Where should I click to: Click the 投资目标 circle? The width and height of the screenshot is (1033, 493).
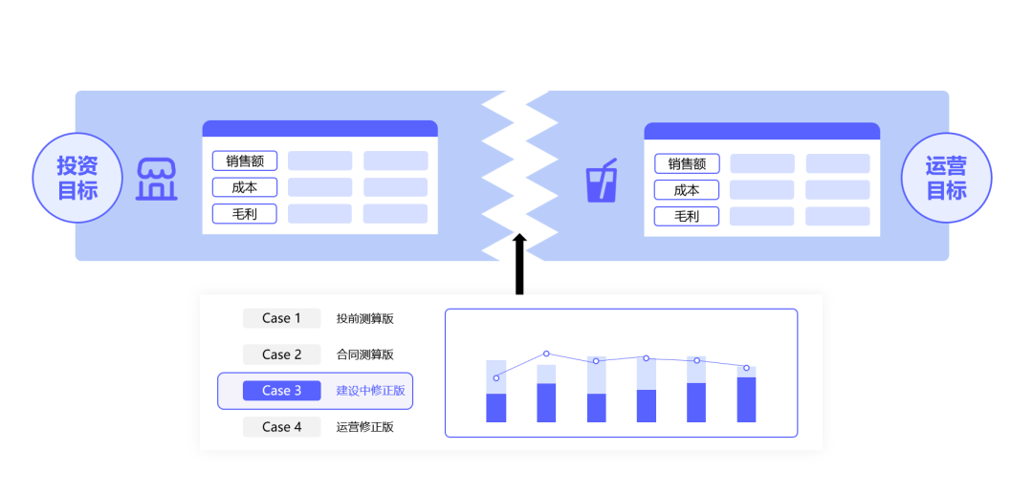click(x=78, y=178)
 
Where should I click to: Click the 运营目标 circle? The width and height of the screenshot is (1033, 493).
click(x=947, y=178)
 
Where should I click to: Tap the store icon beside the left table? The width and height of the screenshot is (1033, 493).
click(x=157, y=180)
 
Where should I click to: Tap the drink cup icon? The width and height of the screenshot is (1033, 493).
click(x=601, y=181)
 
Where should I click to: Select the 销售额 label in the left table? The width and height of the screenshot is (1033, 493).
click(x=245, y=161)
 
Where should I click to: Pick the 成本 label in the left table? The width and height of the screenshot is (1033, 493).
click(x=245, y=187)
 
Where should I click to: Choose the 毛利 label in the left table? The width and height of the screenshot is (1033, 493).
click(x=245, y=214)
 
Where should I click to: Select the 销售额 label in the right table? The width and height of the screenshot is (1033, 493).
click(x=687, y=164)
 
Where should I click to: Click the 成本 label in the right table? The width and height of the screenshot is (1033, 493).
click(x=687, y=190)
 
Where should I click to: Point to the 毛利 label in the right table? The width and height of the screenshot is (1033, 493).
click(x=687, y=217)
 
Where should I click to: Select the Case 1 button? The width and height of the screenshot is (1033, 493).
click(x=281, y=318)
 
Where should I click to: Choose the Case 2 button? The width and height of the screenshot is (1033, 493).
click(x=281, y=354)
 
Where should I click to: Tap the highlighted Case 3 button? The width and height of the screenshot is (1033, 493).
click(x=281, y=391)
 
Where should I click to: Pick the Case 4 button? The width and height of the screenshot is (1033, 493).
click(x=281, y=427)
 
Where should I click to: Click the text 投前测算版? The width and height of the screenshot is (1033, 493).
click(x=364, y=318)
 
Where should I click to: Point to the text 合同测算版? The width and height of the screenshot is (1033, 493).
click(x=364, y=354)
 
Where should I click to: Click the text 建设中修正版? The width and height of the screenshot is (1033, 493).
click(x=370, y=391)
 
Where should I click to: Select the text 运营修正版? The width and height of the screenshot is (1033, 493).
click(x=364, y=427)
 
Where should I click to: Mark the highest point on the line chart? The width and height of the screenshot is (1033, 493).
click(x=546, y=354)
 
